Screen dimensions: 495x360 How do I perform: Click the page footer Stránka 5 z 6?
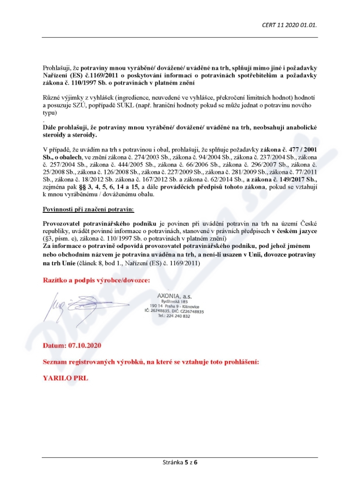click(x=180, y=462)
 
